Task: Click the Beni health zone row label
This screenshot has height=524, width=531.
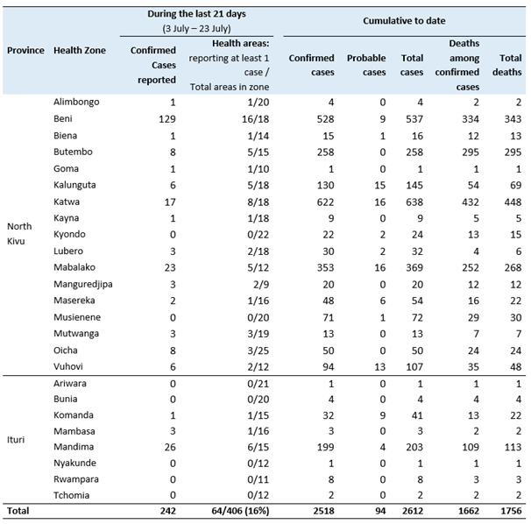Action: [65, 117]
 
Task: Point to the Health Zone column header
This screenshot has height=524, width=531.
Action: [80, 50]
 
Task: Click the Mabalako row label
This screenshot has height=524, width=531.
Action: [75, 267]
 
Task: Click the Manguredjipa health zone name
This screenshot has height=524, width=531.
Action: [83, 284]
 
